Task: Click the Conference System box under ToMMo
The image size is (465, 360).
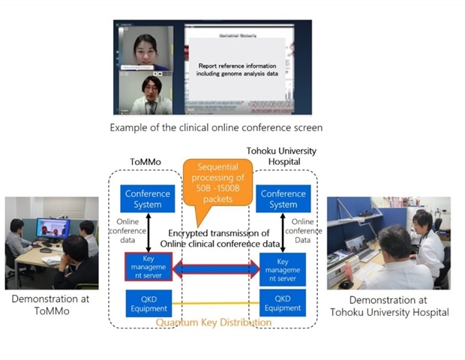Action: coord(147,199)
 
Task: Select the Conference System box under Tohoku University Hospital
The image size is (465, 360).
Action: coord(283,199)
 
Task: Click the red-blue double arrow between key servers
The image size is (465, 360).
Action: coord(215,268)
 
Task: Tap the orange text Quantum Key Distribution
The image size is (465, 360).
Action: coord(214,322)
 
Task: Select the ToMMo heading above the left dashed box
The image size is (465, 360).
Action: coord(147,160)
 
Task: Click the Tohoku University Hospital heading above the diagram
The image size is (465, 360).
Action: coord(282,155)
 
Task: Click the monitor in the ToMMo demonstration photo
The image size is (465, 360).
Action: coord(52,228)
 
